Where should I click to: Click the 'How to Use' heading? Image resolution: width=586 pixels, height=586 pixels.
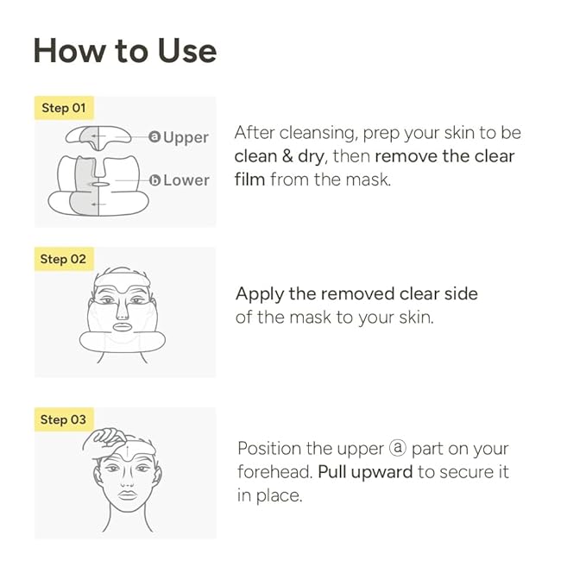[x=124, y=52]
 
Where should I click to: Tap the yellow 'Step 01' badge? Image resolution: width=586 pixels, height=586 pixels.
[x=64, y=109]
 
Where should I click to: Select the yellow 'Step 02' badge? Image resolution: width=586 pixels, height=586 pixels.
[x=64, y=259]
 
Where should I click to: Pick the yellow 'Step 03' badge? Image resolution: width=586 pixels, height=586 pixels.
[x=64, y=419]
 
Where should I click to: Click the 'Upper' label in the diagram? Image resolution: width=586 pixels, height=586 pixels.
[x=186, y=137]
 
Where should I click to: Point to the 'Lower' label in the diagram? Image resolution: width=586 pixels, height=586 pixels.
[x=186, y=180]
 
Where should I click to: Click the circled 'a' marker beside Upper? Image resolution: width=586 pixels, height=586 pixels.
[x=154, y=137]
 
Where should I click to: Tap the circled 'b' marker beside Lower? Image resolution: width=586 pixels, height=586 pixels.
[x=154, y=180]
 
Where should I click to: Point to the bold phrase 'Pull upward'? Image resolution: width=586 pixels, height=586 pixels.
[x=365, y=473]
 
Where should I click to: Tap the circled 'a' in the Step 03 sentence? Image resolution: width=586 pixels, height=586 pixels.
[x=396, y=450]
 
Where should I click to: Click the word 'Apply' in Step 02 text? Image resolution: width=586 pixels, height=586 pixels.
[x=258, y=294]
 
